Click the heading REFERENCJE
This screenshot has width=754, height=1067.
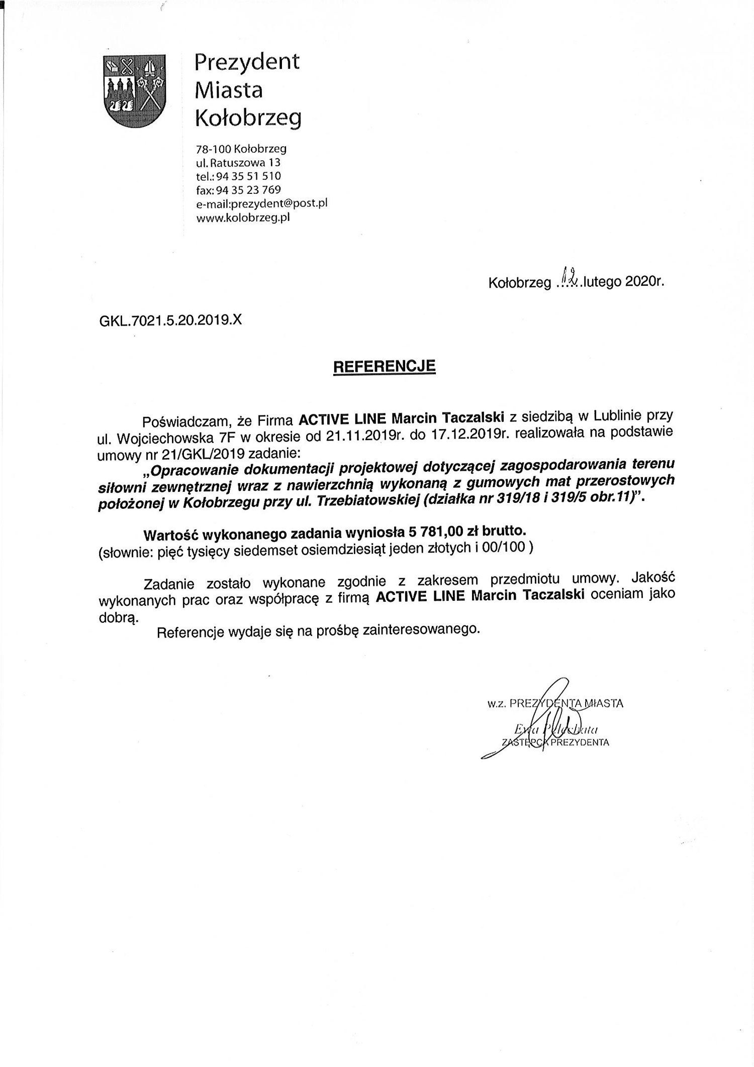click(x=385, y=366)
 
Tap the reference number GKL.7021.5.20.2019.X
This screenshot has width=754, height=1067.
click(x=171, y=321)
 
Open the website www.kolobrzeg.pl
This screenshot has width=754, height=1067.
click(x=243, y=218)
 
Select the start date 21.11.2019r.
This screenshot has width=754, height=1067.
click(x=365, y=436)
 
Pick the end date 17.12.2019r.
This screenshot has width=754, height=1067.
click(x=467, y=435)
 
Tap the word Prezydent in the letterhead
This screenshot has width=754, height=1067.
click(x=247, y=62)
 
